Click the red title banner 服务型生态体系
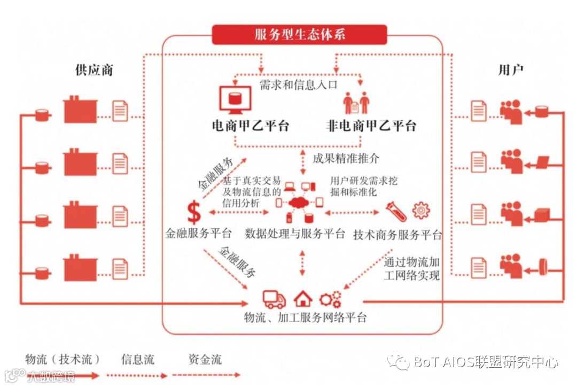pos(301,35)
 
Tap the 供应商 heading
pos(94,70)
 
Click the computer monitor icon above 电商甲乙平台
pos(235,99)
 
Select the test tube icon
pos(396,211)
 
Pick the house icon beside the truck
pos(303,298)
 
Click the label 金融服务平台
pos(198,234)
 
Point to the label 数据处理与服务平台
pos(295,234)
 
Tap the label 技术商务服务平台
pos(398,234)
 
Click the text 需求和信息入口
pos(299,84)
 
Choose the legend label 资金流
pos(205,358)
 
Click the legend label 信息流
pos(138,358)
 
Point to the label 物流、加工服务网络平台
pos(305,318)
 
